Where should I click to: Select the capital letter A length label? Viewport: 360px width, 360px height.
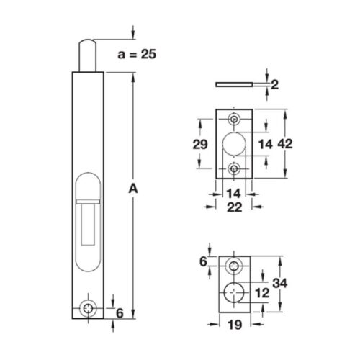point(132,189)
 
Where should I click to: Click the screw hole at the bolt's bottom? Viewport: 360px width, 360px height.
point(89,307)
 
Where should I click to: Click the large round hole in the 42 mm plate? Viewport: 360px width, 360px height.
point(234,144)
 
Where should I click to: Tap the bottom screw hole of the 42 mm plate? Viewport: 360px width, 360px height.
point(234,168)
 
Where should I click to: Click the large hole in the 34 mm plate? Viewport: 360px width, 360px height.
point(234,292)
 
